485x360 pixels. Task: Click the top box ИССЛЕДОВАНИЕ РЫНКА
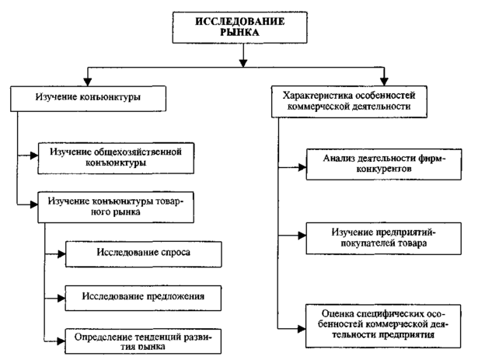point(243,28)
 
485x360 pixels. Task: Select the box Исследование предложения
point(145,297)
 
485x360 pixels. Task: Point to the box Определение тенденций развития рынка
point(145,339)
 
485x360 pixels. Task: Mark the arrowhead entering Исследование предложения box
point(61,297)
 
